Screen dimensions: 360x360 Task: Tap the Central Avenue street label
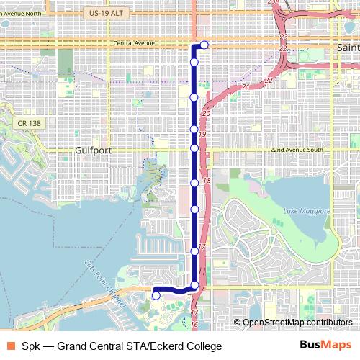tap(134, 43)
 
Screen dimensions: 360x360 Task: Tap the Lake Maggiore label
tap(306, 210)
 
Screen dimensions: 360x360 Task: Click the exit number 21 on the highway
tap(246, 87)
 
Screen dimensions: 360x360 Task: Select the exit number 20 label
tap(206, 114)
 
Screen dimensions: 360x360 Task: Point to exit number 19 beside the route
tap(202, 135)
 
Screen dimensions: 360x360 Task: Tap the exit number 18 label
tap(207, 181)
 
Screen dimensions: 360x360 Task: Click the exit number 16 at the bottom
tap(194, 325)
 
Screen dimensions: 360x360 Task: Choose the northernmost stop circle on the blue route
tap(204, 45)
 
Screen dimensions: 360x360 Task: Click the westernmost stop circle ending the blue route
tap(156, 294)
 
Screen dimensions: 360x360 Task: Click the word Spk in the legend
tap(31, 346)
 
